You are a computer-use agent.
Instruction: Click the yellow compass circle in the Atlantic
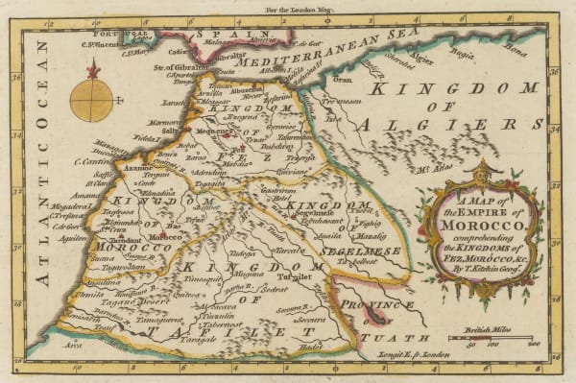click(91, 100)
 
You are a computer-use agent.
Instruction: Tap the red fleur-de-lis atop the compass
click(92, 69)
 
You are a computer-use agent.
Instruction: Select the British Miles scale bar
click(504, 340)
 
